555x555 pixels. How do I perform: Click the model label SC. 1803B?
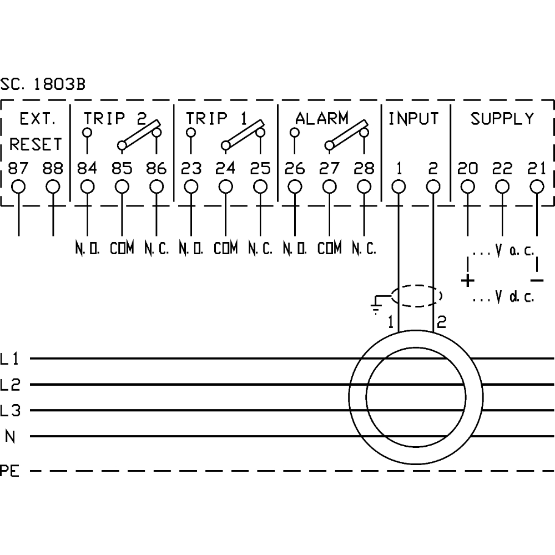pyautogui.click(x=43, y=85)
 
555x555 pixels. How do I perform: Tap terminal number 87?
pyautogui.click(x=19, y=168)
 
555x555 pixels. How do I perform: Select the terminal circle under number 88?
pyautogui.click(x=53, y=186)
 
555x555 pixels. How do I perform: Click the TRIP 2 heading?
pyautogui.click(x=114, y=118)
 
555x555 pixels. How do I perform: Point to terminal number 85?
pyautogui.click(x=122, y=168)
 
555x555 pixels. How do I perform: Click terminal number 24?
pyautogui.click(x=225, y=168)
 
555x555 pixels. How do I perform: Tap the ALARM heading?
pyautogui.click(x=322, y=118)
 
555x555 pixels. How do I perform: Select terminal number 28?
pyautogui.click(x=364, y=168)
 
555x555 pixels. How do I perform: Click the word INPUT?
pyautogui.click(x=413, y=118)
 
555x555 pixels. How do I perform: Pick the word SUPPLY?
pyautogui.click(x=502, y=118)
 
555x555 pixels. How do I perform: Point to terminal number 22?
pyautogui.click(x=502, y=168)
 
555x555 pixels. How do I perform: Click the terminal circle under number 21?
pyautogui.click(x=537, y=186)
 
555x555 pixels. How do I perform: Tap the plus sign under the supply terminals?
pyautogui.click(x=468, y=280)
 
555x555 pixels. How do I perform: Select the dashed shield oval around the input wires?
pyautogui.click(x=416, y=296)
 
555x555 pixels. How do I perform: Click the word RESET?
pyautogui.click(x=36, y=144)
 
